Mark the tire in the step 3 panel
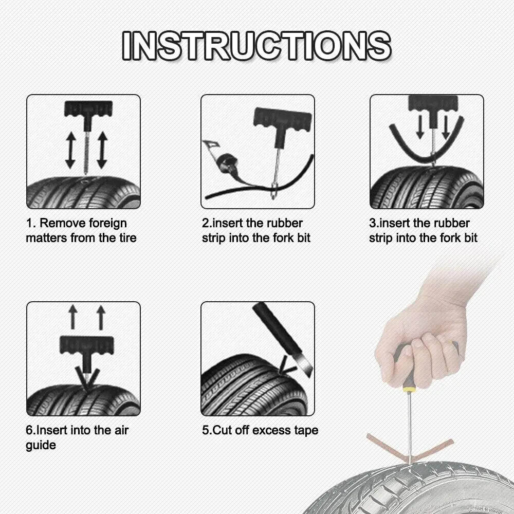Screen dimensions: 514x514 (x=427, y=188)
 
